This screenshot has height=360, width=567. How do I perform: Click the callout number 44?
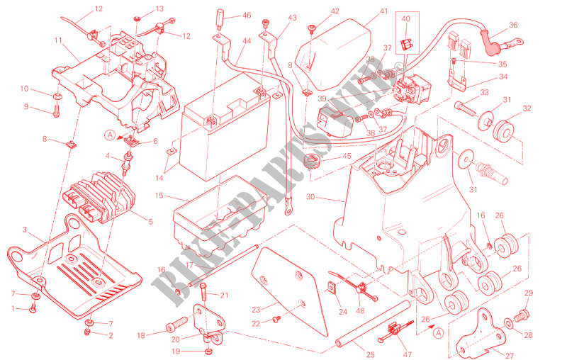pyautogui.click(x=246, y=42)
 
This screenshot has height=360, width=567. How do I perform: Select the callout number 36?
pyautogui.click(x=513, y=25)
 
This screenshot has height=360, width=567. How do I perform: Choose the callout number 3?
pyautogui.click(x=24, y=230)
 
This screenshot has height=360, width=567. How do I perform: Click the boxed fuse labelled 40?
pyautogui.click(x=405, y=43)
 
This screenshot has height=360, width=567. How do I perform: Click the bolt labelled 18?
pyautogui.click(x=174, y=327)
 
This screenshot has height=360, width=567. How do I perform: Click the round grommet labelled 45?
pyautogui.click(x=310, y=162)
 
